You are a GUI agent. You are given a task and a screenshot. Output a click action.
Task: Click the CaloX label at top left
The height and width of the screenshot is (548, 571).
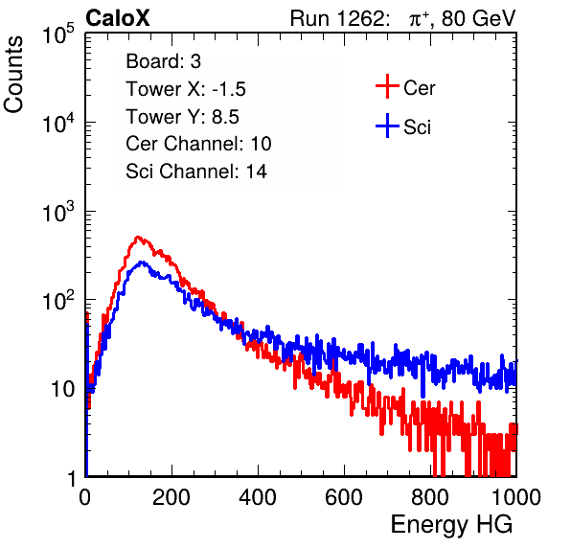118,18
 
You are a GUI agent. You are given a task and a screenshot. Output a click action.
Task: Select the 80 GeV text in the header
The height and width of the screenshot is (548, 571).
478,18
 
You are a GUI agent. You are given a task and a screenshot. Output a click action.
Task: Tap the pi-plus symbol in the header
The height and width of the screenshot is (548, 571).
418,19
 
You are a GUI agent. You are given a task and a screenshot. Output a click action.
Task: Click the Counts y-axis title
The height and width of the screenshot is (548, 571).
13,75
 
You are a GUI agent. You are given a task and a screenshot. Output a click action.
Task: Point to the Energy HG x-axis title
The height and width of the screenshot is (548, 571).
452,525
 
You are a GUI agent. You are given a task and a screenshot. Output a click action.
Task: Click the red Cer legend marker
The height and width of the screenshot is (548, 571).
387,86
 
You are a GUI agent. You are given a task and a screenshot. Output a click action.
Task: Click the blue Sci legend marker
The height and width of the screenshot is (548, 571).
387,126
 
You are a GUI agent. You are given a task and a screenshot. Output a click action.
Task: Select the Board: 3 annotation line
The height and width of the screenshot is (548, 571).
163,61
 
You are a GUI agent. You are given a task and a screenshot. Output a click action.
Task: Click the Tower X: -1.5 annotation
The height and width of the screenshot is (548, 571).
186,89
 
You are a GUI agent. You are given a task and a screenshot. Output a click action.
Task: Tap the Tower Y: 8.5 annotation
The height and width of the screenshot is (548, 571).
182,117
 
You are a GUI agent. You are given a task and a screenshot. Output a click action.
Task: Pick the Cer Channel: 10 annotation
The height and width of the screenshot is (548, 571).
198,144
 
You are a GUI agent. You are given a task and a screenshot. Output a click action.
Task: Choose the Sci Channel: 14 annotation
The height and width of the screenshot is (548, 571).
196,171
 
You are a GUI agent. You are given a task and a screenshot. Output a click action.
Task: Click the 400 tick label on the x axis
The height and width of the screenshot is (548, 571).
258,497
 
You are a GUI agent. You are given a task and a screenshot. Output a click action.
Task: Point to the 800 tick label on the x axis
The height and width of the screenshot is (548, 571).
430,497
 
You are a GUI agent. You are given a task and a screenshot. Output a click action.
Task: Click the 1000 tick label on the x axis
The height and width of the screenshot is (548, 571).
516,497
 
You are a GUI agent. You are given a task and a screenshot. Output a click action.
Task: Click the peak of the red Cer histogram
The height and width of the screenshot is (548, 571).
137,237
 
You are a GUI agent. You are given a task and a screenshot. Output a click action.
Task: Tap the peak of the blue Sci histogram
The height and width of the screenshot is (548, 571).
143,262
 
